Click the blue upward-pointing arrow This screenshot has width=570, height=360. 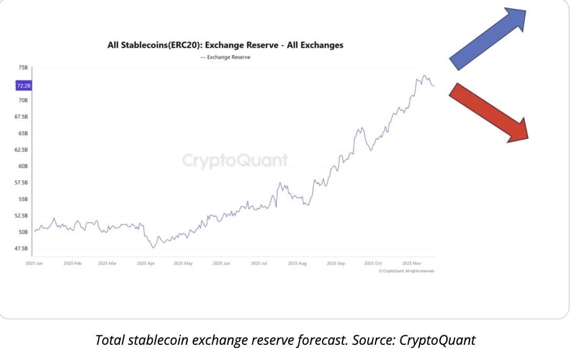click(x=488, y=39)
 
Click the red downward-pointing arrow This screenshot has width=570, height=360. click(x=488, y=112)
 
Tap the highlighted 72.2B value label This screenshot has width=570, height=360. click(x=24, y=85)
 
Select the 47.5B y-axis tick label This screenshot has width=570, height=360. click(x=22, y=248)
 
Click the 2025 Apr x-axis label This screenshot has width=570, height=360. click(x=145, y=263)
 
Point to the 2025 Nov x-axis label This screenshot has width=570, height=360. click(x=412, y=263)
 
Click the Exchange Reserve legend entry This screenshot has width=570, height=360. click(x=225, y=57)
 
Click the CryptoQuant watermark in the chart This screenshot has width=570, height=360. click(x=235, y=161)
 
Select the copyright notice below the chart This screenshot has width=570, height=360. click(x=406, y=271)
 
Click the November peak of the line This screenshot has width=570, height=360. click(x=424, y=76)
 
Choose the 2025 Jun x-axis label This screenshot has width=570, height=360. click(x=221, y=263)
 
